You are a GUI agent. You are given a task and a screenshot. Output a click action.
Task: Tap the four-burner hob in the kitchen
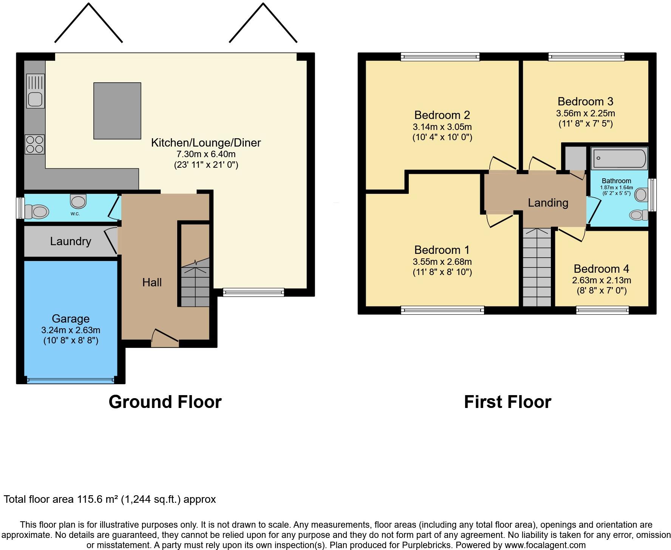(35, 144)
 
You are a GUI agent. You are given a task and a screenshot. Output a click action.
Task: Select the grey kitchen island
(117, 111)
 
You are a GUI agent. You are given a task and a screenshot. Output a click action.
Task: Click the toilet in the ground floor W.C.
(37, 212)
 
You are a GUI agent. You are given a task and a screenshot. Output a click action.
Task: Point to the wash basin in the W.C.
(78, 201)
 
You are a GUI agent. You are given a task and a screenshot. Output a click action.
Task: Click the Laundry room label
(71, 241)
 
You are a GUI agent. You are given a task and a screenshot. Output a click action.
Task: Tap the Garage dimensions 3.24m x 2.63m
(71, 330)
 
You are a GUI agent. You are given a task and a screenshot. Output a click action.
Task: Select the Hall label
(152, 282)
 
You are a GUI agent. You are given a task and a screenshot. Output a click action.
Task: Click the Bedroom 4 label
(601, 269)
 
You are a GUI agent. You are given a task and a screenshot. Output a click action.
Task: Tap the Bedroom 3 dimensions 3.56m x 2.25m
(585, 113)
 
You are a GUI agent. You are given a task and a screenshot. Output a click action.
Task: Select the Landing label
(548, 203)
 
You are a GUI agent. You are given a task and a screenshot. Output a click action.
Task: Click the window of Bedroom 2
(440, 57)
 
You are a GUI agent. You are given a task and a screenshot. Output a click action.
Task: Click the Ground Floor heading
(165, 402)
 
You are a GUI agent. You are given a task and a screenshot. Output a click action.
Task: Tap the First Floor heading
(507, 402)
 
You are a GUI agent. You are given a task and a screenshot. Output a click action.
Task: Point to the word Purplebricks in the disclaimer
(429, 545)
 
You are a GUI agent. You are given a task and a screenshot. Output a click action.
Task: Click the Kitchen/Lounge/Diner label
(206, 143)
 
